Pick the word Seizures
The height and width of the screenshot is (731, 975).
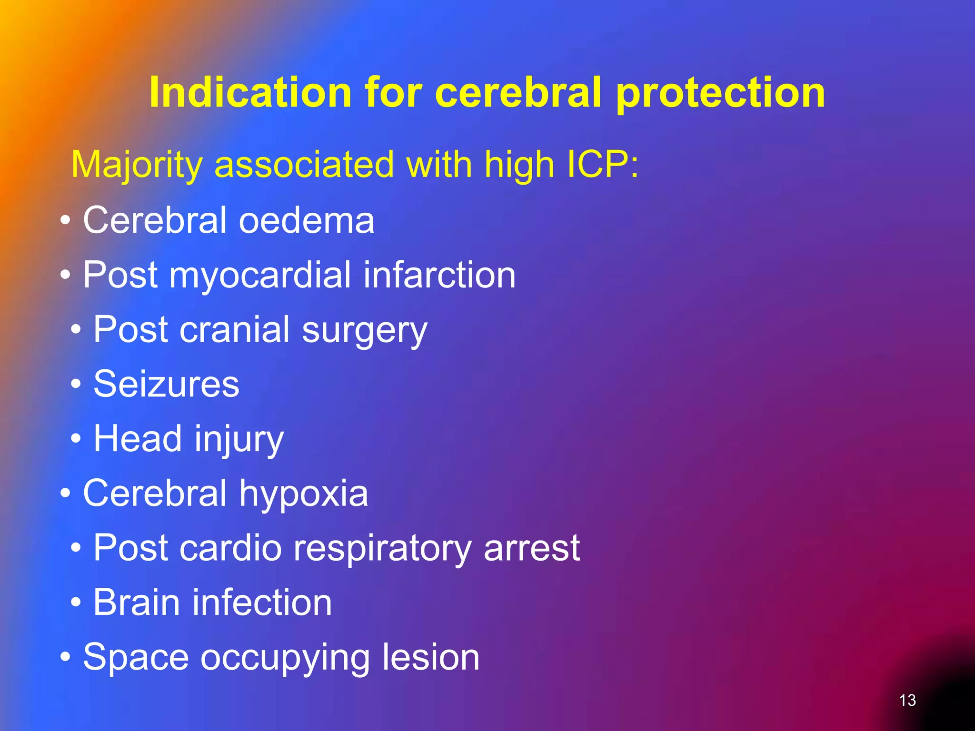(166, 384)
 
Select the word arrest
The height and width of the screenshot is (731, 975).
(532, 548)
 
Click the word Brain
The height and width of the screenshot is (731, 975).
(137, 603)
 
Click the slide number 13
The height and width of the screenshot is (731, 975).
(907, 700)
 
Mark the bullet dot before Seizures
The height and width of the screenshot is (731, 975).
(76, 384)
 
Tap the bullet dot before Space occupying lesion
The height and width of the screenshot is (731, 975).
(66, 657)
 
